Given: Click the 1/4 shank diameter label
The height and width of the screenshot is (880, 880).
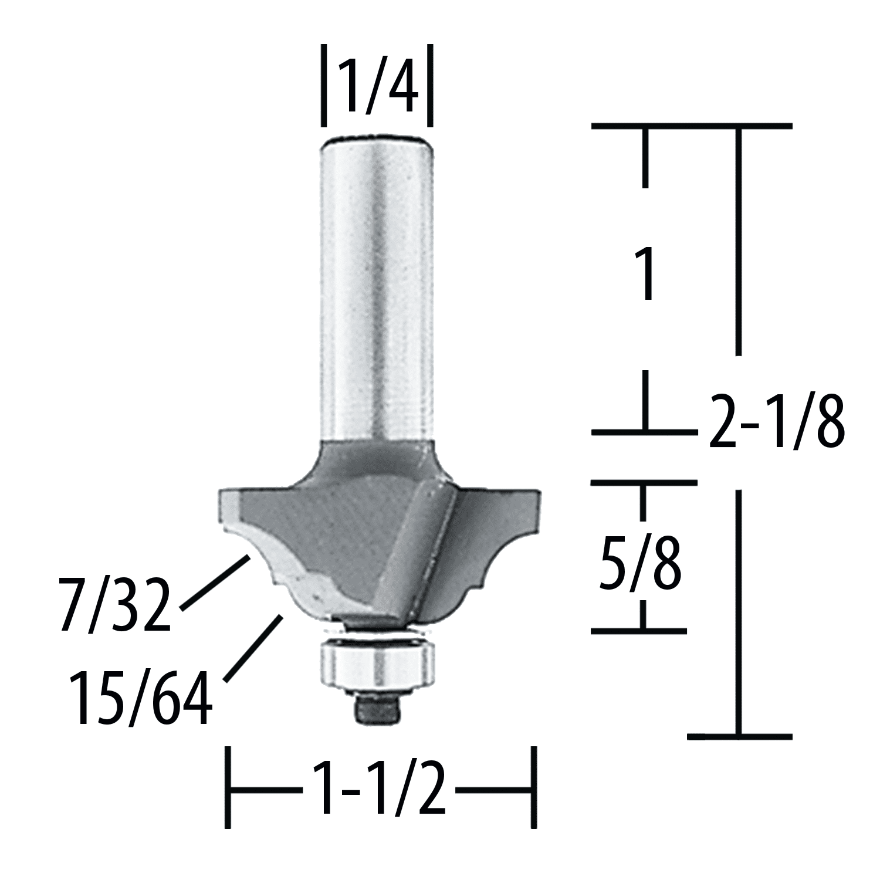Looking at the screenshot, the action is tap(377, 83).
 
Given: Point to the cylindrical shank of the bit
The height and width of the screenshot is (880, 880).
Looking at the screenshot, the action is tap(377, 287).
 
